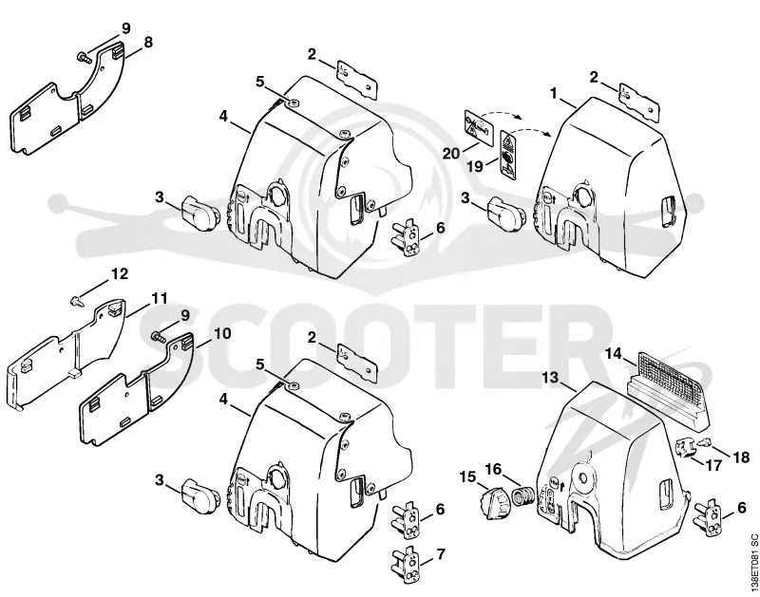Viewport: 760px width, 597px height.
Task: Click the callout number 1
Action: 554,93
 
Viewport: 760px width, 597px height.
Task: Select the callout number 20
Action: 451,154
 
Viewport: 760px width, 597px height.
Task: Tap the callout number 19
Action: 475,166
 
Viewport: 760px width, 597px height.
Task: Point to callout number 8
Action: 148,42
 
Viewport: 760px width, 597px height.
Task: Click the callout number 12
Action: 120,274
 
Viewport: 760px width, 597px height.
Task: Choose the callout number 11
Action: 160,298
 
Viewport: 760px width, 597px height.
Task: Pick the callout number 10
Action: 222,333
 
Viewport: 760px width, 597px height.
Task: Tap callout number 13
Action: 551,377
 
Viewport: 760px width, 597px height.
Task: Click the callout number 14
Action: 613,354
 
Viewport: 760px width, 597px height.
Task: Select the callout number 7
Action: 440,554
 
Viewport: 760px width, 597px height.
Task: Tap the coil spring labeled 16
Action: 523,497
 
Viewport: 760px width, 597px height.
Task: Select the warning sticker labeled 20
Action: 480,127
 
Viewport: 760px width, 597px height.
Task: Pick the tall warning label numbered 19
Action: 508,155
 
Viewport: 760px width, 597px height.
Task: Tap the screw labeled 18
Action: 705,441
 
